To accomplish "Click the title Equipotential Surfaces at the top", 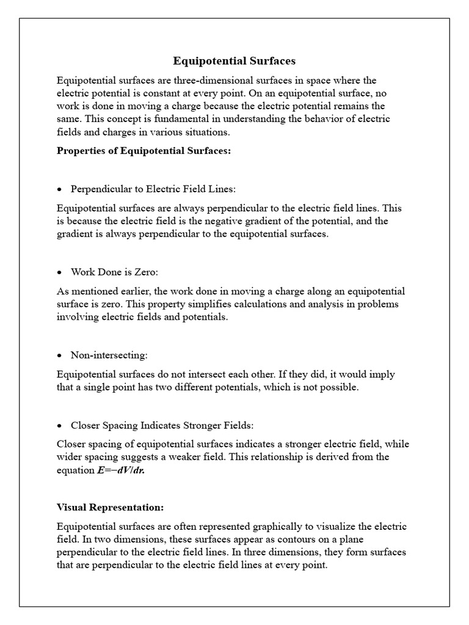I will click(x=234, y=61).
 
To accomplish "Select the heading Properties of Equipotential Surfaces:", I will click(x=144, y=151).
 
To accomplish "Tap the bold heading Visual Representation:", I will click(x=110, y=507).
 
